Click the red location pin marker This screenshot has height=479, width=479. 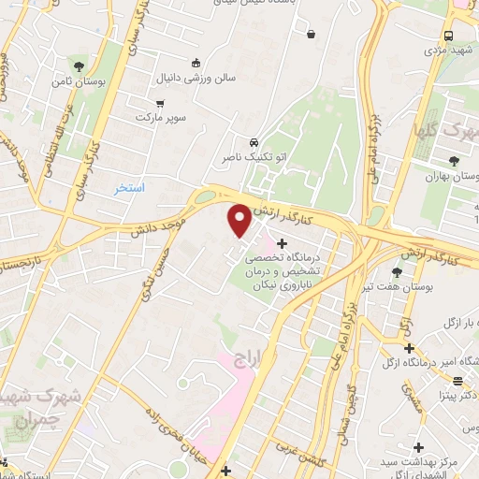tap(240, 220)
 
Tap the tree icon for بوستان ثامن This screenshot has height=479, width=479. tap(78, 65)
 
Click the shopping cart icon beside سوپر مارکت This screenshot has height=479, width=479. tap(160, 104)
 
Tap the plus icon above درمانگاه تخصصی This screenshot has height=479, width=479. tap(283, 243)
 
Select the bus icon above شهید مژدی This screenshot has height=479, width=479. tap(448, 35)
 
